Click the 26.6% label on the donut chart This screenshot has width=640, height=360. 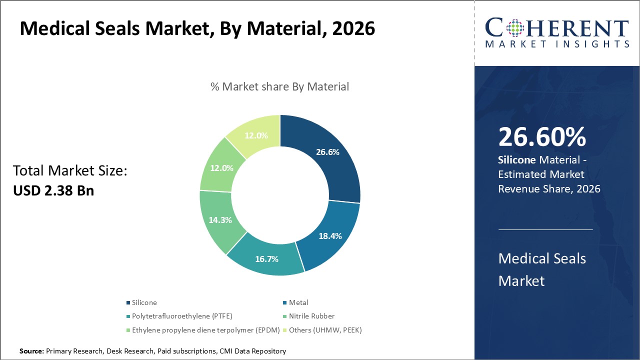tap(327, 152)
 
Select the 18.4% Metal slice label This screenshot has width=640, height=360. tap(330, 235)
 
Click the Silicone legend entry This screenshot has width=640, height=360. tap(144, 302)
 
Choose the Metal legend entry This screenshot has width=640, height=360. tap(298, 302)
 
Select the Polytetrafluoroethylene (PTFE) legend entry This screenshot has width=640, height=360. tap(182, 316)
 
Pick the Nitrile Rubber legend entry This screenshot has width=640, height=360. tap(311, 316)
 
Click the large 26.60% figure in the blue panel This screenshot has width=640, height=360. tap(542, 137)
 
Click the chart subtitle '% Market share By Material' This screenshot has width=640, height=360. tap(279, 86)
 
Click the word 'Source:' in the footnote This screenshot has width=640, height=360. tap(31, 351)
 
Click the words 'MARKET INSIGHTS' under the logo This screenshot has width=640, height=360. tap(557, 44)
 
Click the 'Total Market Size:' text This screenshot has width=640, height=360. tap(70, 171)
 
